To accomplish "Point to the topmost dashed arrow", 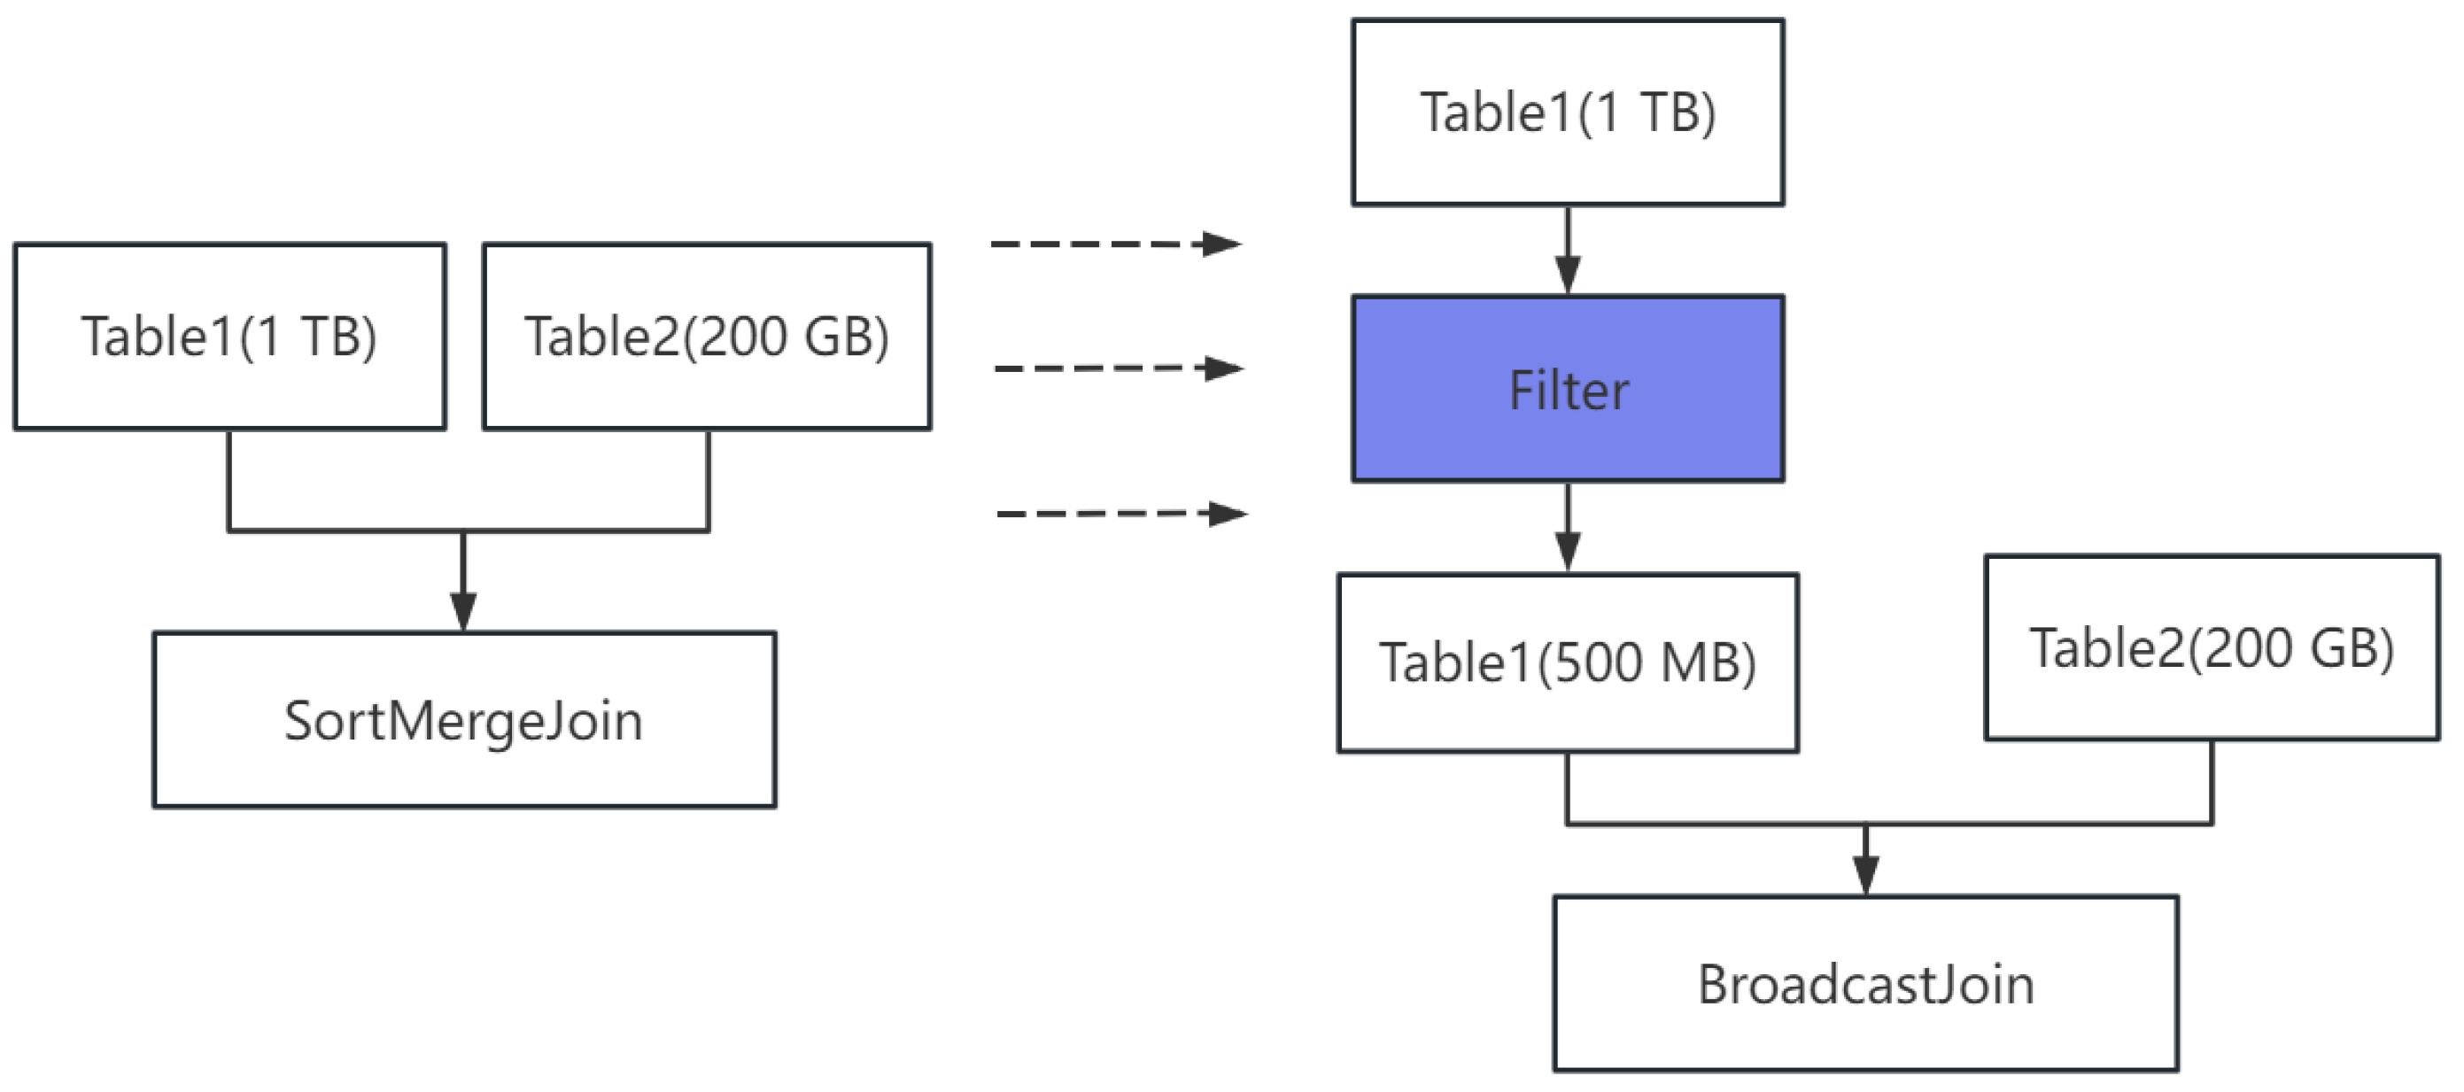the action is tap(1114, 244).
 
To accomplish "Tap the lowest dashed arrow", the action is tap(1121, 514).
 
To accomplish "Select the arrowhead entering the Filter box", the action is tap(1567, 276).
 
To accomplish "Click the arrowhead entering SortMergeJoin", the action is tap(464, 612).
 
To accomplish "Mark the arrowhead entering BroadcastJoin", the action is tap(1865, 875).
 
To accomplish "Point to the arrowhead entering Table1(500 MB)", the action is tap(1567, 552).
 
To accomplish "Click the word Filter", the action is tap(1568, 391).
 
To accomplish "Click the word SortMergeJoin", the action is tap(464, 720).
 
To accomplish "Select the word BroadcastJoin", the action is tap(1865, 984).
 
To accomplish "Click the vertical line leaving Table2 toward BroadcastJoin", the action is tap(2212, 781).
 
